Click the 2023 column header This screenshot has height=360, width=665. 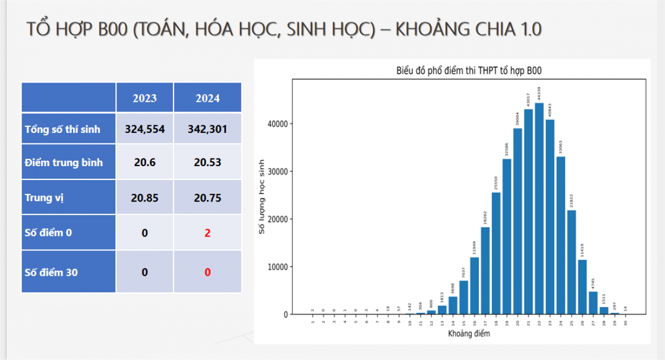tap(145, 98)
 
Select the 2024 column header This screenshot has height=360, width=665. tap(207, 98)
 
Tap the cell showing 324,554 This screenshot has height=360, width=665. tap(145, 129)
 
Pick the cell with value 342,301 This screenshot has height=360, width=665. tap(207, 129)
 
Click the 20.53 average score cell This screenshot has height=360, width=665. tap(207, 162)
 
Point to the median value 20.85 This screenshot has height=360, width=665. tap(145, 197)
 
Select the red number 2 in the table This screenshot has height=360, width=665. tap(207, 233)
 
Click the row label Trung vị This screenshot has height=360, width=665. tap(44, 197)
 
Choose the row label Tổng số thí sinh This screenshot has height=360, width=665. tap(63, 130)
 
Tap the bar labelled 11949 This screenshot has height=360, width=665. tap(474, 285)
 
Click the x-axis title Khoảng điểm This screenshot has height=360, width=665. tap(469, 333)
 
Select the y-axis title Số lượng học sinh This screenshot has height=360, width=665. tap(263, 196)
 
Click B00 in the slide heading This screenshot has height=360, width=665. tap(113, 29)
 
